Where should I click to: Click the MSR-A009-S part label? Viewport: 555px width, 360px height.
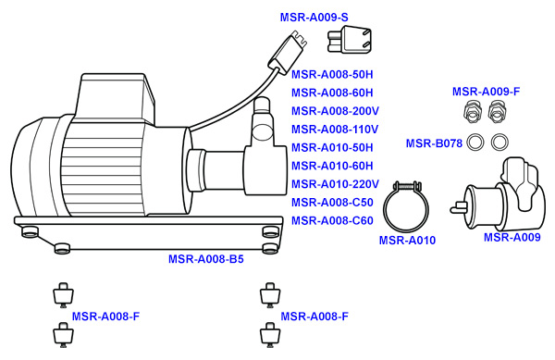pyautogui.click(x=314, y=18)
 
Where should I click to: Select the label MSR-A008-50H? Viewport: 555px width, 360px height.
pyautogui.click(x=332, y=74)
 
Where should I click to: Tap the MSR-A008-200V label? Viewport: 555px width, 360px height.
pyautogui.click(x=332, y=111)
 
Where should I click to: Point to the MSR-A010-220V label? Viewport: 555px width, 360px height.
pyautogui.click(x=332, y=184)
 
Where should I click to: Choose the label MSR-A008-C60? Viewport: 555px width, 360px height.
pyautogui.click(x=332, y=221)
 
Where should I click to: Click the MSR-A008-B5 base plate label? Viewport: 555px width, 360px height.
pyautogui.click(x=205, y=260)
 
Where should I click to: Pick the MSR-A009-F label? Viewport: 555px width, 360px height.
pyautogui.click(x=486, y=92)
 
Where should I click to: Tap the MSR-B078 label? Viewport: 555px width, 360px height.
pyautogui.click(x=434, y=143)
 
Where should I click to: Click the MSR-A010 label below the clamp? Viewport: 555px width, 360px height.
pyautogui.click(x=407, y=242)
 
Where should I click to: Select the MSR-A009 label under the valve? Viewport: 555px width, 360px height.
pyautogui.click(x=512, y=238)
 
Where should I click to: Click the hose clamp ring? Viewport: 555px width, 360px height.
pyautogui.click(x=407, y=209)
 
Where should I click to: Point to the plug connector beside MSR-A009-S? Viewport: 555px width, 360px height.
pyautogui.click(x=348, y=41)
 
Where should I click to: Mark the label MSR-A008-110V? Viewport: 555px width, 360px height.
pyautogui.click(x=332, y=130)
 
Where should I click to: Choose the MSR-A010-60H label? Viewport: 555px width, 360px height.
pyautogui.click(x=332, y=166)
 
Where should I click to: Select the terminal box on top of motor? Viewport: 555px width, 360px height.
pyautogui.click(x=116, y=93)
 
